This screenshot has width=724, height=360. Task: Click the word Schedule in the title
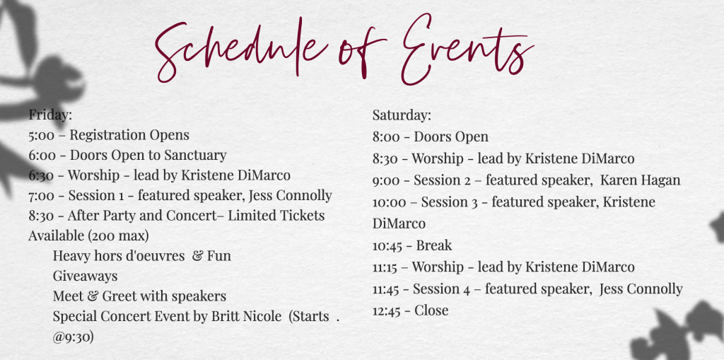[240, 51]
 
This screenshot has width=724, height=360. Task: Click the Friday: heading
[50, 115]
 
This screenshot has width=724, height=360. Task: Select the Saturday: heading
[402, 115]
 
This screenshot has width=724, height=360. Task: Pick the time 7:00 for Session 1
[41, 196]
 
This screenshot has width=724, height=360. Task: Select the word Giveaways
[85, 277]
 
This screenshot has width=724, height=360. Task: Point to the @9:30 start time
[74, 337]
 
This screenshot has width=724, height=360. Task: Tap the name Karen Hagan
[640, 180]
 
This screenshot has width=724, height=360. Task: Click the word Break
[433, 245]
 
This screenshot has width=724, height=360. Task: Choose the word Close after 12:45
[431, 310]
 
